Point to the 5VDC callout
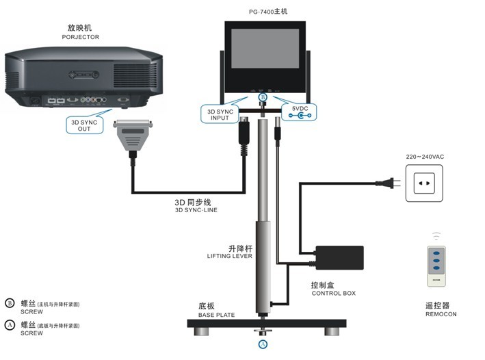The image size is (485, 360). click(300, 112)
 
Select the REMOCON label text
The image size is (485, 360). click(440, 314)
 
